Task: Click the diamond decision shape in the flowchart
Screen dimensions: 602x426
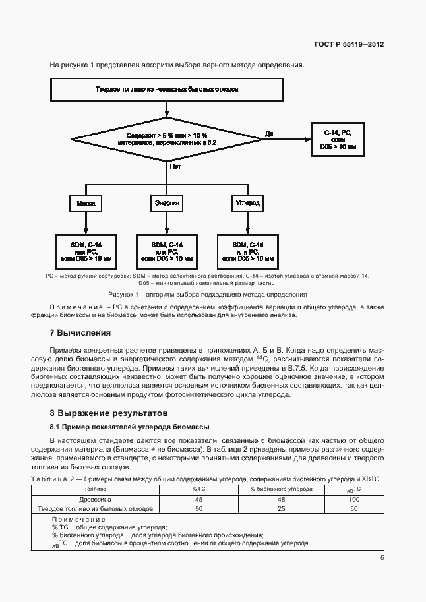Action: click(x=167, y=138)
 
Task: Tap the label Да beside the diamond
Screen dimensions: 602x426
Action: click(x=269, y=133)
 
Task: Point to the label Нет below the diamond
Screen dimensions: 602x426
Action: click(x=175, y=167)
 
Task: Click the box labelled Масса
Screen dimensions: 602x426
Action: click(x=86, y=204)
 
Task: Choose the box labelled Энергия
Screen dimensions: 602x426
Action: click(x=167, y=204)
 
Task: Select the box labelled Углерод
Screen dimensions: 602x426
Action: click(x=248, y=204)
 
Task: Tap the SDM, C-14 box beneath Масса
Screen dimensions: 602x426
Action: click(x=86, y=251)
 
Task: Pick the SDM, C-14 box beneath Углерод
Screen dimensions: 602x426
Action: click(x=248, y=251)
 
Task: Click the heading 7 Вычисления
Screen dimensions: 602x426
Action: click(x=80, y=332)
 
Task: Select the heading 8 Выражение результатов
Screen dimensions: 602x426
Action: click(x=105, y=413)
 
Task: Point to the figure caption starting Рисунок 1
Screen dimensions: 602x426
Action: click(x=208, y=294)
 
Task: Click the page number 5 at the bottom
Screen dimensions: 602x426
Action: click(x=382, y=558)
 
